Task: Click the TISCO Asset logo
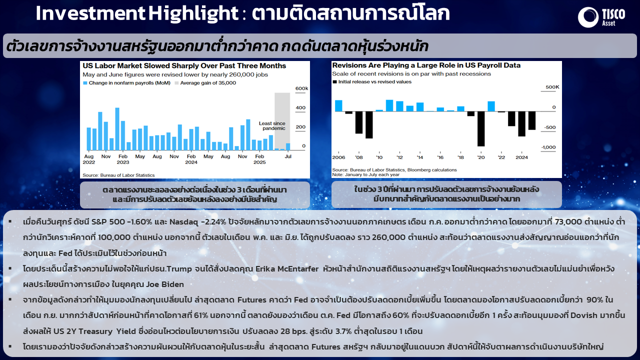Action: (601, 17)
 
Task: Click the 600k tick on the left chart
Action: (301, 88)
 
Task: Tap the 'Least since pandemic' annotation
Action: (272, 125)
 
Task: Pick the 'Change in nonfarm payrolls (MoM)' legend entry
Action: (126, 83)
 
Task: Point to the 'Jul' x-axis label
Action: (287, 156)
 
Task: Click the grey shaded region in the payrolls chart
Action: (282, 121)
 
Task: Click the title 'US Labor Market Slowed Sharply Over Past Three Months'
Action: (184, 65)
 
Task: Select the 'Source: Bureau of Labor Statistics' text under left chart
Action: (118, 175)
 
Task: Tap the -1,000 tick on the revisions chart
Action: (548, 147)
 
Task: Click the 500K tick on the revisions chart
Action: (552, 87)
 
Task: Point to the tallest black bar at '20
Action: (481, 128)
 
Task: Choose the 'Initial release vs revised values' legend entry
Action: (372, 81)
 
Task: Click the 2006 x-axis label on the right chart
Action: (338, 157)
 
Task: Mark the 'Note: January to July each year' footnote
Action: (365, 174)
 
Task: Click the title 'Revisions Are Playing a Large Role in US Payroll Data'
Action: (426, 65)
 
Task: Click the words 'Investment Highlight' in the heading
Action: (137, 13)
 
